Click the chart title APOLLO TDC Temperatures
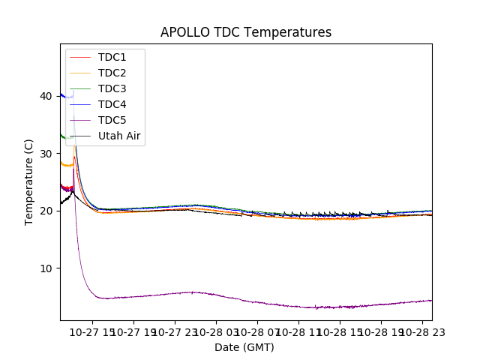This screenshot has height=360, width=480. click(x=246, y=32)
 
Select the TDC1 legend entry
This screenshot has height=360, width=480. click(x=112, y=57)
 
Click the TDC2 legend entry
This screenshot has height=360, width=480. click(x=112, y=73)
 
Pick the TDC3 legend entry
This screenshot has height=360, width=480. click(x=112, y=88)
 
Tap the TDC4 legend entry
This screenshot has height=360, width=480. click(x=112, y=104)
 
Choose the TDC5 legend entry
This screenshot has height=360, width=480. click(x=112, y=120)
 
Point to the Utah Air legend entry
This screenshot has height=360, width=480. click(x=119, y=136)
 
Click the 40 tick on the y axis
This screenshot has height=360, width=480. click(x=46, y=96)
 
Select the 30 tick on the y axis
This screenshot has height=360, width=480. click(x=46, y=153)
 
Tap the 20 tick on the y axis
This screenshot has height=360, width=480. click(x=46, y=211)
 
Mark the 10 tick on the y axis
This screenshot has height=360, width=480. click(x=46, y=268)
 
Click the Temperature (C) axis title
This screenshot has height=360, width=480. click(x=29, y=182)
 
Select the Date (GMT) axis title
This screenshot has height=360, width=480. click(x=244, y=347)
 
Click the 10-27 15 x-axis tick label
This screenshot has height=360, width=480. click(x=92, y=331)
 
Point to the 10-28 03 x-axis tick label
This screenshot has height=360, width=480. click(x=216, y=331)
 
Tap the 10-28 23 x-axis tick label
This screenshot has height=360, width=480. click(x=422, y=331)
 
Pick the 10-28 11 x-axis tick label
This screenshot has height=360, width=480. click(x=298, y=331)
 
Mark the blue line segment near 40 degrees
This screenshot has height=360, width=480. click(x=63, y=95)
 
